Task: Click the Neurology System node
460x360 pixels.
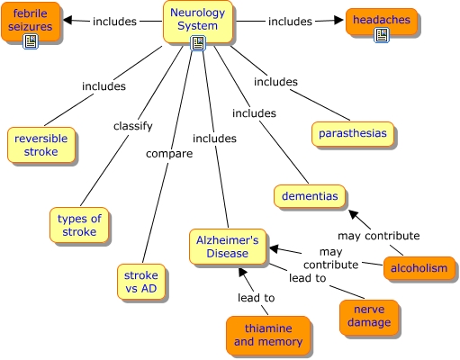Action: coord(198,22)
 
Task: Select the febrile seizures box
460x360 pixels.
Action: coord(31,22)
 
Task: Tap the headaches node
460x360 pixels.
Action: coord(382,22)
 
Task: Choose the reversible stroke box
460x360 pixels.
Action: coord(41,145)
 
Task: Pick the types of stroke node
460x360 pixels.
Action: coord(79,225)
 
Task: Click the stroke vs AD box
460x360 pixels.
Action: coord(141,282)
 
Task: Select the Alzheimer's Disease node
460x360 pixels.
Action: coord(228,247)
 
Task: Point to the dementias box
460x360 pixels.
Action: coord(310,196)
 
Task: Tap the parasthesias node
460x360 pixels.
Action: coord(353,134)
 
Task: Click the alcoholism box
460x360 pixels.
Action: coord(419,268)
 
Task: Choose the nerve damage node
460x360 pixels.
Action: coord(369,318)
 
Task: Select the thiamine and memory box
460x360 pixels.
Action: coord(268,335)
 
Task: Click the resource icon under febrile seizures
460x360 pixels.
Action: coord(31,41)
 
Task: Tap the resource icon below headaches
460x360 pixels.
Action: coord(382,35)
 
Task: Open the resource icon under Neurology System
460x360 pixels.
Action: coord(198,43)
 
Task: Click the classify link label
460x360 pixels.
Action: coord(133,126)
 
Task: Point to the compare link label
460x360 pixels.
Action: coord(169,154)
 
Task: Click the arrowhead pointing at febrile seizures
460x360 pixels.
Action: coord(68,20)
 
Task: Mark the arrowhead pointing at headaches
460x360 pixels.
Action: coord(338,20)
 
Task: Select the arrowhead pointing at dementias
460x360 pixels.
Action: coord(353,214)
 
